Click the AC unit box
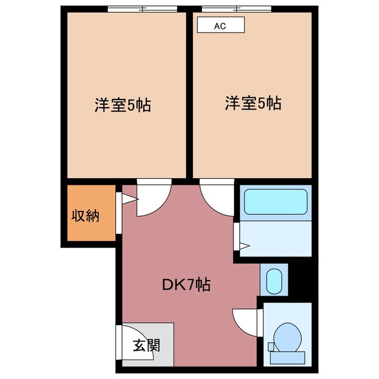tap(220, 25)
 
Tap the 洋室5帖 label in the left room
tap(122, 105)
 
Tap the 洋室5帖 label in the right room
tap(252, 103)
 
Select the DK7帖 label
tap(187, 284)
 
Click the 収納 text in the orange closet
tap(85, 215)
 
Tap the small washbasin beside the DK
tap(274, 281)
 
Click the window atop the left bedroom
tap(143, 9)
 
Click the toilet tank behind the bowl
tap(288, 356)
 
